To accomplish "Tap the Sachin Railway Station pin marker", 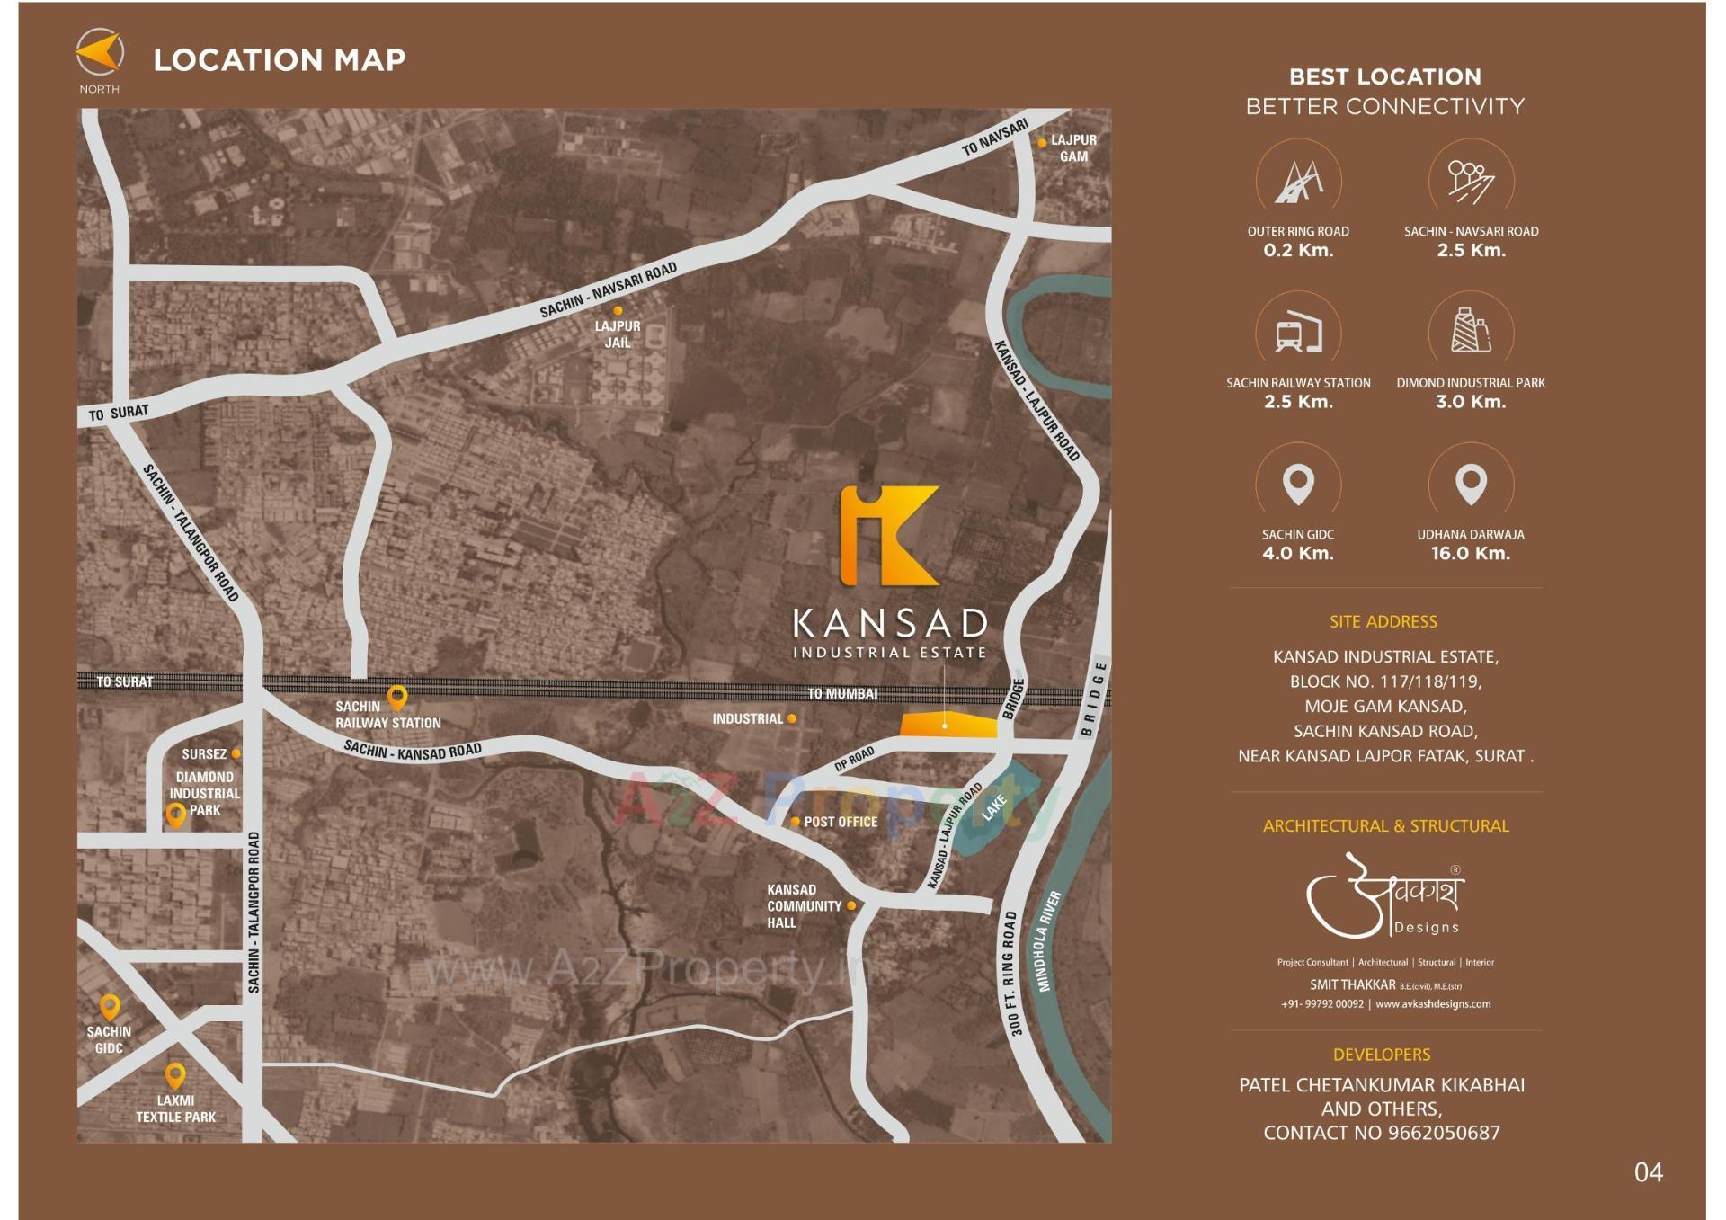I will tap(396, 696).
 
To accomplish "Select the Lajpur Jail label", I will tap(618, 334).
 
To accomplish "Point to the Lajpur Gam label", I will tap(1073, 148).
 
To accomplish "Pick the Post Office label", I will tap(841, 822).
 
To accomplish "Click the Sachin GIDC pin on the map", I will tap(110, 1006).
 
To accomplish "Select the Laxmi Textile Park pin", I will tap(175, 1074).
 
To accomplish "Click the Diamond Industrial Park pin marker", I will tap(175, 815).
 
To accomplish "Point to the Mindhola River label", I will tap(1049, 940).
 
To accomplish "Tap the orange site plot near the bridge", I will tap(948, 726).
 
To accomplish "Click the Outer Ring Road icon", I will tap(1298, 182).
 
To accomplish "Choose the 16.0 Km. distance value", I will tap(1471, 554).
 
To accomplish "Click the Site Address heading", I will tap(1383, 621).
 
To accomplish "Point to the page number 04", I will tap(1648, 1172).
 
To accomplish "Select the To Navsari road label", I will tap(994, 138).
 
